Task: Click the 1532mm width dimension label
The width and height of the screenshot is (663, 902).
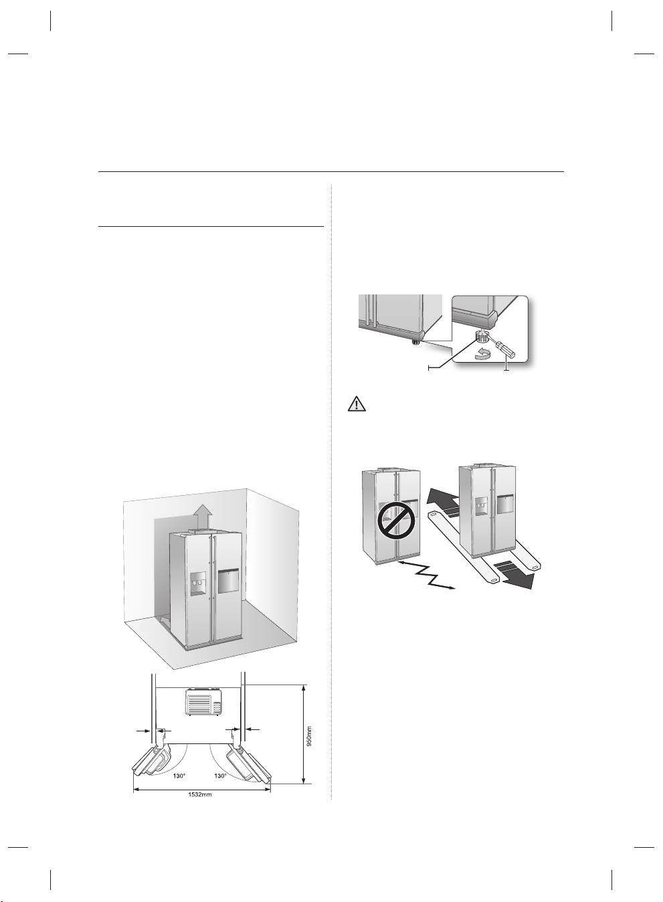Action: click(x=202, y=795)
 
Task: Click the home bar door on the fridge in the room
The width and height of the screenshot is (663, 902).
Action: click(x=228, y=580)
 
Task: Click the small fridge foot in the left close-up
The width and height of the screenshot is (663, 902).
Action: click(x=416, y=342)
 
